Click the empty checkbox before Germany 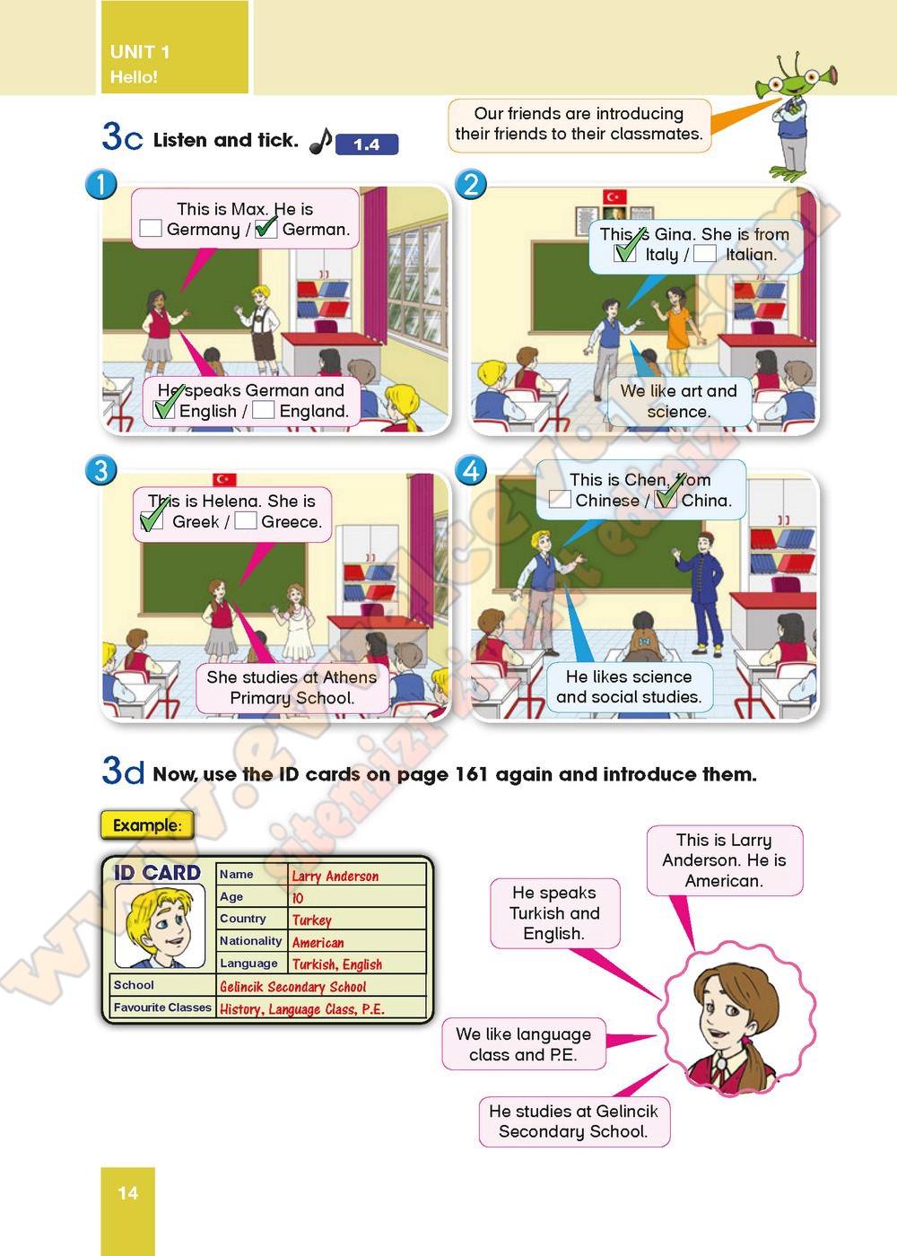[x=151, y=228]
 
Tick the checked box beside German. [x=266, y=228]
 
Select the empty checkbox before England [x=263, y=410]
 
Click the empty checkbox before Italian [x=705, y=253]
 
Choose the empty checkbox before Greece [x=245, y=520]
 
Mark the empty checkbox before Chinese [x=560, y=499]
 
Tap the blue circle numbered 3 [x=100, y=470]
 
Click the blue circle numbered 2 [x=471, y=184]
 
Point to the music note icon [x=321, y=141]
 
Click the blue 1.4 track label [x=367, y=144]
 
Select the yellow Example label [x=147, y=824]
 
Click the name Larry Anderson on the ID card [x=335, y=876]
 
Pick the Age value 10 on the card [x=297, y=898]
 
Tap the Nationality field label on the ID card [x=250, y=940]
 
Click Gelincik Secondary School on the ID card [x=292, y=986]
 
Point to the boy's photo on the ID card [x=160, y=926]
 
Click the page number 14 [x=127, y=1192]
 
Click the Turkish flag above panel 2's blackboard [x=614, y=196]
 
